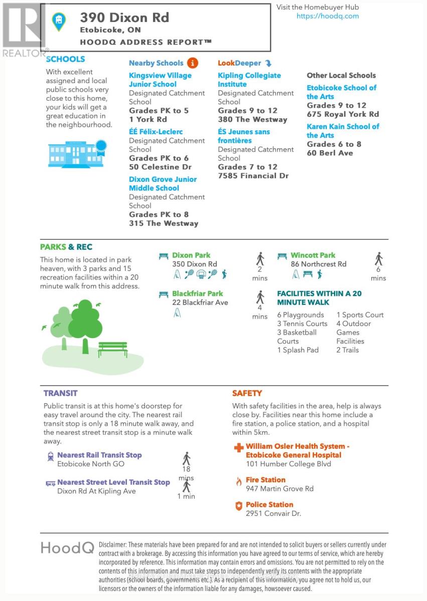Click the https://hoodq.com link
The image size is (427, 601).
(328, 16)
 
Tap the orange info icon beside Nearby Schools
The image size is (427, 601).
(192, 63)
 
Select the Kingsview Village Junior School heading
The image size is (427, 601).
(160, 80)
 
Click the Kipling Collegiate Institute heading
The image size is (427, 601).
(249, 80)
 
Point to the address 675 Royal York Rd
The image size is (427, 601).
(343, 114)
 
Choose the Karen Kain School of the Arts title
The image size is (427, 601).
(343, 131)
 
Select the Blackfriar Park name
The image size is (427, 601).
(197, 293)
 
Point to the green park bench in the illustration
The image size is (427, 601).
(112, 349)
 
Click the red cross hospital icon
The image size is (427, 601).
(239, 447)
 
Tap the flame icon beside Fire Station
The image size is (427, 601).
(239, 481)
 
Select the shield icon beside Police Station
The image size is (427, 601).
(239, 506)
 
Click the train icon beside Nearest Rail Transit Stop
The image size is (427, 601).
(50, 456)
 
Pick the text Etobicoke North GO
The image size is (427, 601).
(90, 464)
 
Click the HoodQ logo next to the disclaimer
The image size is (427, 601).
(67, 548)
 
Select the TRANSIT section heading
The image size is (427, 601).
(60, 393)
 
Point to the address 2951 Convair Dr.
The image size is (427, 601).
(273, 513)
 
